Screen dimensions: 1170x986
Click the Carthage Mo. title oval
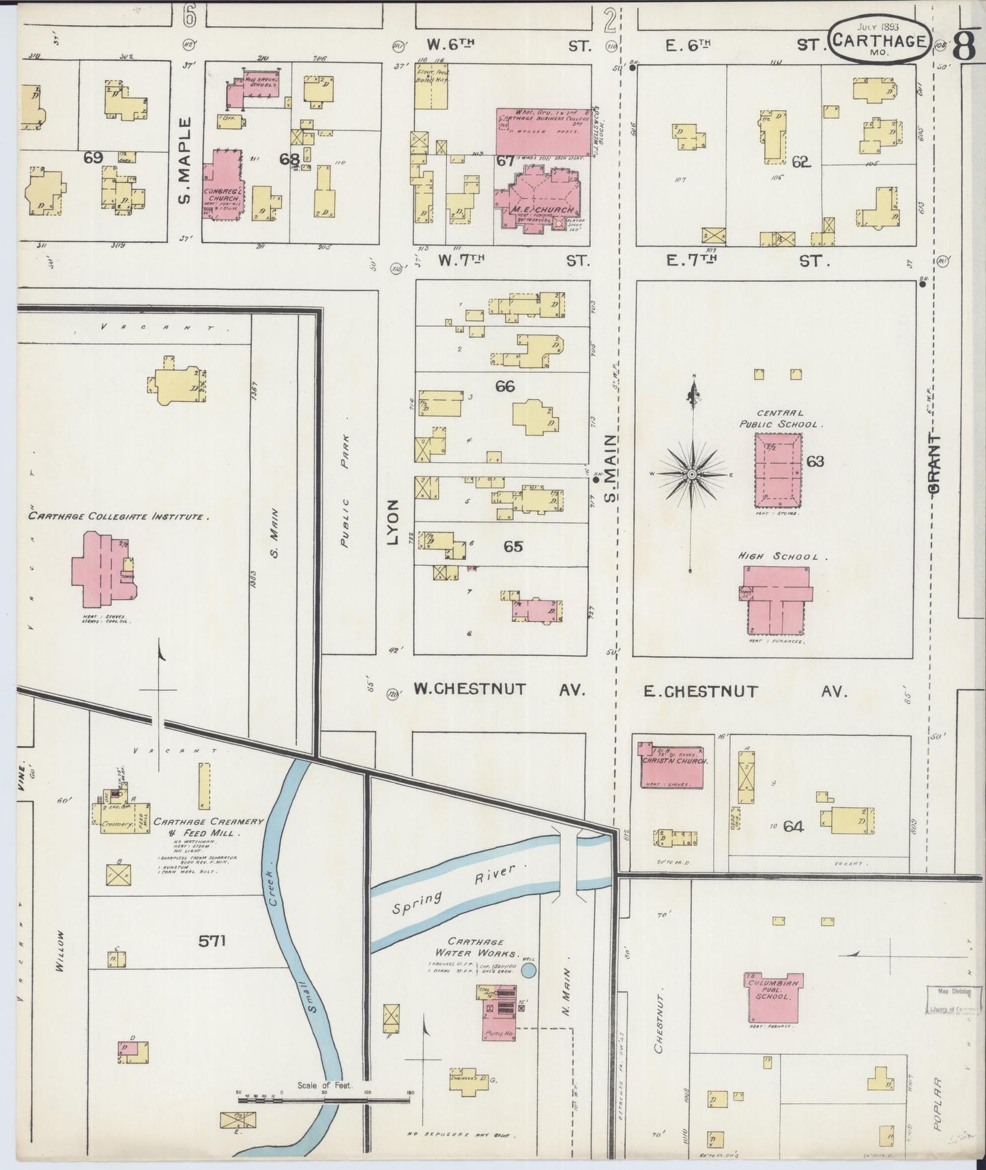pyautogui.click(x=879, y=42)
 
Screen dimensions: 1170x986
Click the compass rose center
pyautogui.click(x=692, y=473)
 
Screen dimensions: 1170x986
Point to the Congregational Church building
pyautogui.click(x=221, y=185)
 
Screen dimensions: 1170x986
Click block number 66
pyautogui.click(x=505, y=387)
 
